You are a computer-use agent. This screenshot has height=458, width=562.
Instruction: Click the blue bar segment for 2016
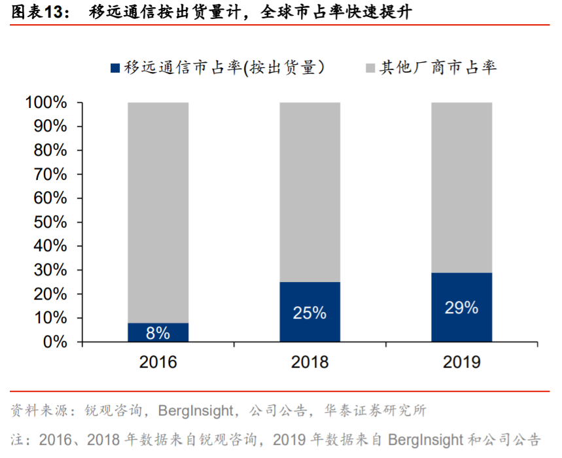tap(158, 332)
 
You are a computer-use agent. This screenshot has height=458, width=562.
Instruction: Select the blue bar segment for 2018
tap(309, 311)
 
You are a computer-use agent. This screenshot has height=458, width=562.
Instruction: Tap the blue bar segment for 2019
tap(461, 307)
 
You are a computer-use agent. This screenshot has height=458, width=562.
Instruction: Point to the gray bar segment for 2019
tap(461, 187)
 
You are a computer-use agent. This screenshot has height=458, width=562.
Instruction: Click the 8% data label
tap(158, 333)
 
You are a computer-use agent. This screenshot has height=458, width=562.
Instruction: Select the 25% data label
tap(309, 313)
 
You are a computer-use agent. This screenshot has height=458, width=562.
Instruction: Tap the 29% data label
tap(461, 308)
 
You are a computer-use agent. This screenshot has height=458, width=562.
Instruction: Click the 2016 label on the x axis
tap(158, 362)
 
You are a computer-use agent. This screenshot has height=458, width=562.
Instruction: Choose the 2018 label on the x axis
tap(309, 362)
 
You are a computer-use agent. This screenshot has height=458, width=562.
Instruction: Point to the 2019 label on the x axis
tap(461, 362)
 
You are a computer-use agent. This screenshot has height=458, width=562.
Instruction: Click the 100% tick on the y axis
tap(46, 103)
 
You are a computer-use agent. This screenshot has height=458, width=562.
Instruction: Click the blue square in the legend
tap(115, 67)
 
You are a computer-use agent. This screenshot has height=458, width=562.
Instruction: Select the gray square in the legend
tap(370, 67)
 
